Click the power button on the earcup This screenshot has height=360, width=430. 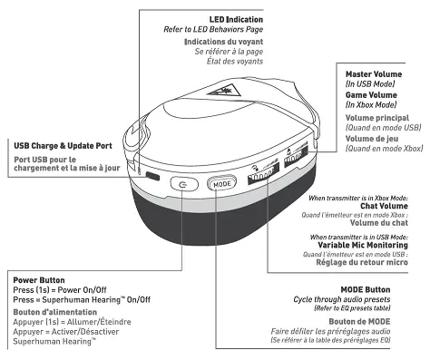[x=184, y=183]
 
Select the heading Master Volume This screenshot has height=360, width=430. [x=372, y=73]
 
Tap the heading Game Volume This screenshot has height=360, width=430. [x=369, y=95]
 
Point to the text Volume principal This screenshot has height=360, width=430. [x=377, y=119]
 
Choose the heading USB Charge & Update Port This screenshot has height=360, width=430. [x=64, y=144]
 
